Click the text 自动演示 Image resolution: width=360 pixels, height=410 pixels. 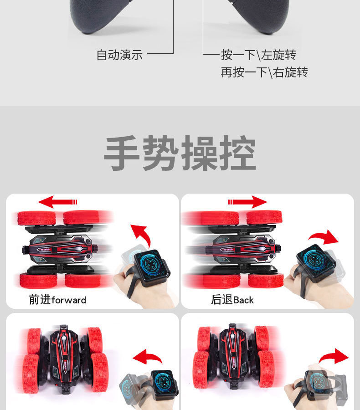[x=119, y=55]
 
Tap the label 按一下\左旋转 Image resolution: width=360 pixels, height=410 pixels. [x=258, y=55]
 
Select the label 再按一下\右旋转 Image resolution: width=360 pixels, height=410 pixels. [x=264, y=72]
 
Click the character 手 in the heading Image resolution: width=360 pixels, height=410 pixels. [x=122, y=153]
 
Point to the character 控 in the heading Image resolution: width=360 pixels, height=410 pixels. [x=237, y=153]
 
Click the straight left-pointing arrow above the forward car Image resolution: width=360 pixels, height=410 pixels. [x=57, y=202]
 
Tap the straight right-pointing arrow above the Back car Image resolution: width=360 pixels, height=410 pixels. [x=247, y=202]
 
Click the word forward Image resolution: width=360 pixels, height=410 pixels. [x=69, y=300]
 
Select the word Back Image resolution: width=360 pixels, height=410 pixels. [x=243, y=300]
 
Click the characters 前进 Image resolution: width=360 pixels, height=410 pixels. [x=40, y=300]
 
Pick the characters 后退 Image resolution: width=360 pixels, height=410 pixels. [x=221, y=300]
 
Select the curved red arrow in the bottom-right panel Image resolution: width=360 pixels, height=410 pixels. [x=334, y=356]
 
